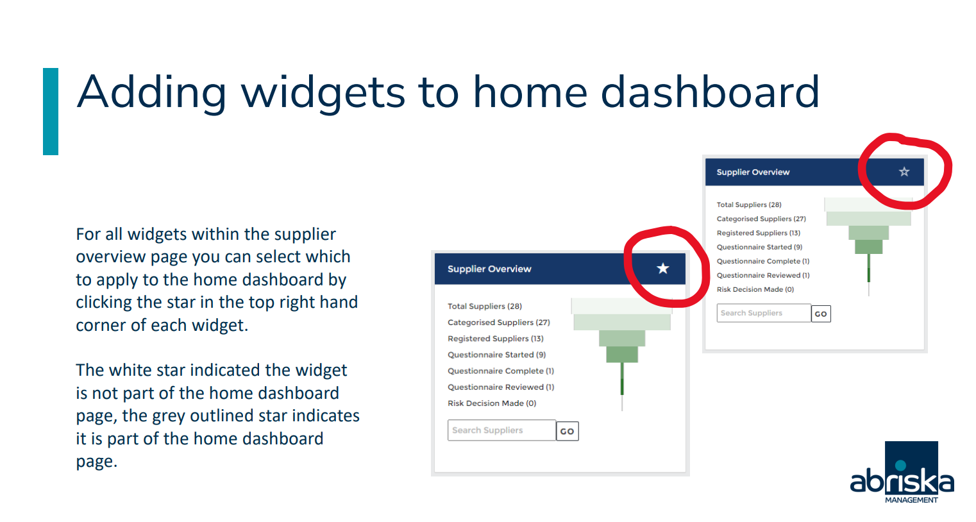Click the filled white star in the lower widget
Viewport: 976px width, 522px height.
[x=662, y=269]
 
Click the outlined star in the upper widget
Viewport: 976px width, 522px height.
[x=904, y=172]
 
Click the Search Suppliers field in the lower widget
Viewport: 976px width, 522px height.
[x=501, y=430]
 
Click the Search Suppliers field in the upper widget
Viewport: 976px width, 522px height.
[x=764, y=313]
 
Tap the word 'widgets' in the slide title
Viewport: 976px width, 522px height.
[x=323, y=93]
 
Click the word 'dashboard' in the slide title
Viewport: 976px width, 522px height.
[x=711, y=92]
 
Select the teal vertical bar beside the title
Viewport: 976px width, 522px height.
[x=51, y=112]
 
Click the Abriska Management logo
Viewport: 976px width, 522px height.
[x=902, y=473]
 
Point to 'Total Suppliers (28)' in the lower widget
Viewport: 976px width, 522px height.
[x=485, y=307]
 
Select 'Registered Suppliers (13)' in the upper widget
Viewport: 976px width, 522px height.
[x=759, y=233]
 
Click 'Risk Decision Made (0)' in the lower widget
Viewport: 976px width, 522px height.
[x=492, y=403]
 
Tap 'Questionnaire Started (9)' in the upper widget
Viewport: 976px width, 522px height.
[x=759, y=247]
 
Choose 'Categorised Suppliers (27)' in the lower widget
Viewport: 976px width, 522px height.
[x=499, y=323]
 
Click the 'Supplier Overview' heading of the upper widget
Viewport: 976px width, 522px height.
[x=753, y=172]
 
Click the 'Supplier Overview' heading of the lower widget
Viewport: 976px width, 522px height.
[x=489, y=269]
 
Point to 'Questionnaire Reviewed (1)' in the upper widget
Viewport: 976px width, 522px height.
[x=763, y=275]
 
